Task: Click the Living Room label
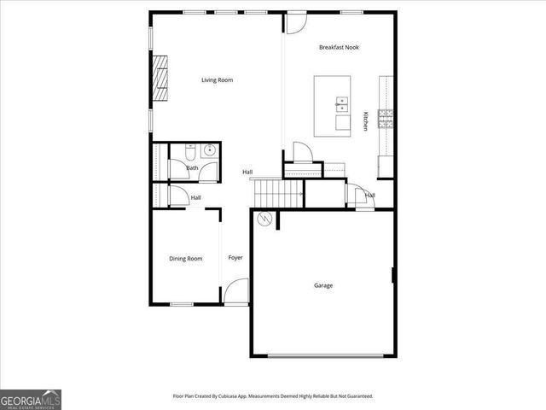pos(217,80)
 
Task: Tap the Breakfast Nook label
pos(339,48)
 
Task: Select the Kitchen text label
pos(366,121)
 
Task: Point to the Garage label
pos(322,285)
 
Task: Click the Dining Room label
pos(185,259)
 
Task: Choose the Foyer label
pos(235,258)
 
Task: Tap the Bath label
pos(192,168)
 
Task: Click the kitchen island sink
pos(342,105)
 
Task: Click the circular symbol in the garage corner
pos(265,220)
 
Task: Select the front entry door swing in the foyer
pos(236,292)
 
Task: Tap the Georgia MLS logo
pos(31,399)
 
